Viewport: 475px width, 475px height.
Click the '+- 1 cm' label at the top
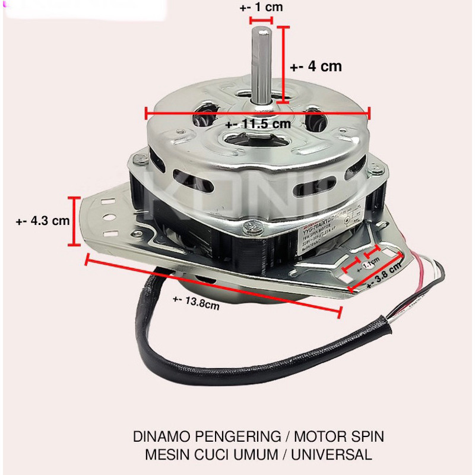[x=262, y=8]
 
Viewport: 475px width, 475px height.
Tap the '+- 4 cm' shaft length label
[x=316, y=66]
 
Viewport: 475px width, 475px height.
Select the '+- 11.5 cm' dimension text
[x=259, y=124]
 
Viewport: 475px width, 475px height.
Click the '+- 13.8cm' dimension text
[x=197, y=305]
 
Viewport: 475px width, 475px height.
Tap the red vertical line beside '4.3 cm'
[x=74, y=221]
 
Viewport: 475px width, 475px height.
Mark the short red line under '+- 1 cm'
[x=261, y=20]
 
